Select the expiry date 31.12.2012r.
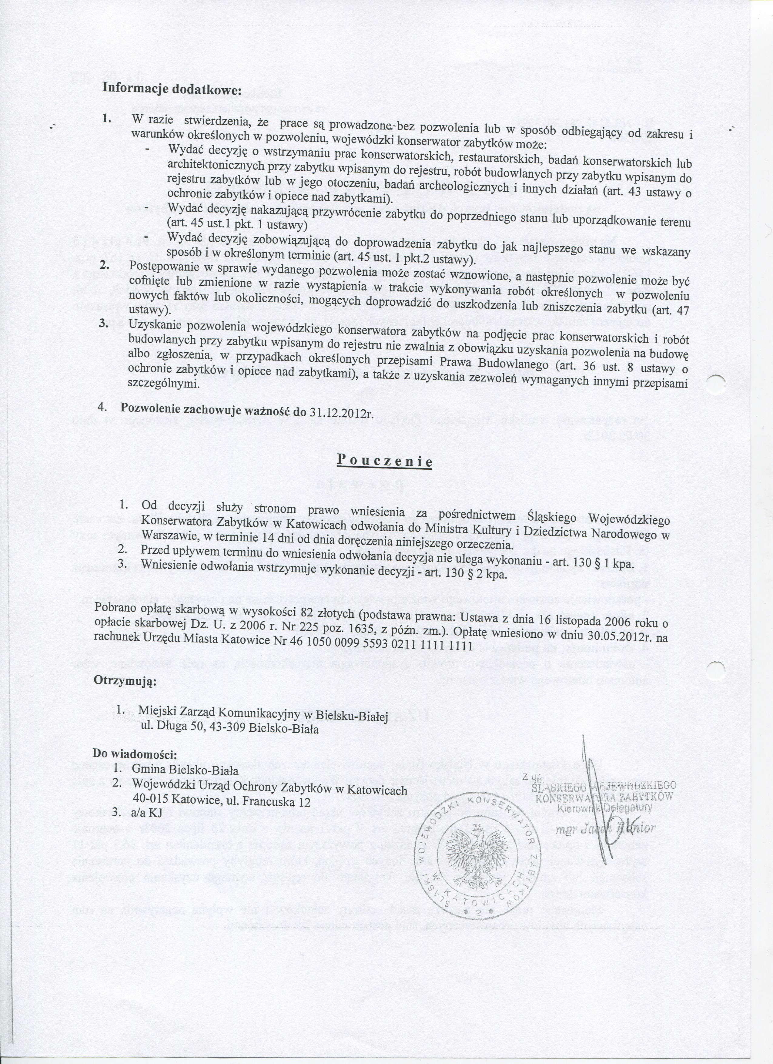pos(341,412)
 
